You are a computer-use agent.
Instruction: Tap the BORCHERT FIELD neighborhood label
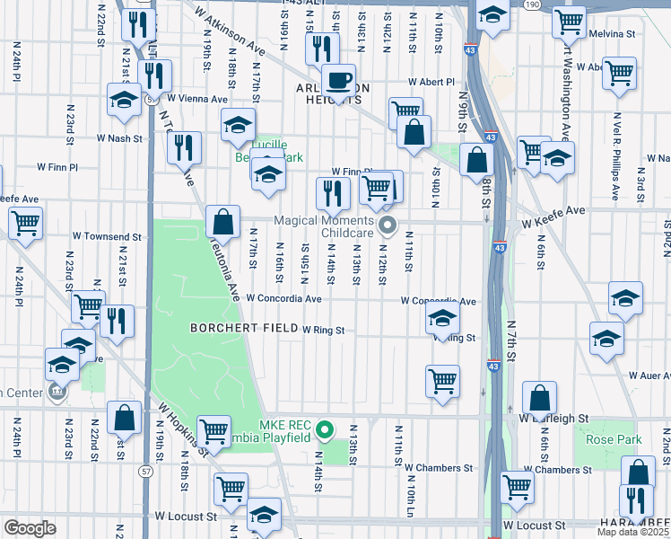tap(243, 329)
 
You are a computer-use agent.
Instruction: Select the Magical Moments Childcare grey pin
tap(388, 225)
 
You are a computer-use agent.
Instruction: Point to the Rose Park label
tap(609, 439)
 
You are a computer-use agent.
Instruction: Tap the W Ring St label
tap(323, 331)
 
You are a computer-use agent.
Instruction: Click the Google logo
tap(30, 528)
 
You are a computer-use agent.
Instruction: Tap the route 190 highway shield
tap(533, 4)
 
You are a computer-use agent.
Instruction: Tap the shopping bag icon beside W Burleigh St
tap(540, 398)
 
